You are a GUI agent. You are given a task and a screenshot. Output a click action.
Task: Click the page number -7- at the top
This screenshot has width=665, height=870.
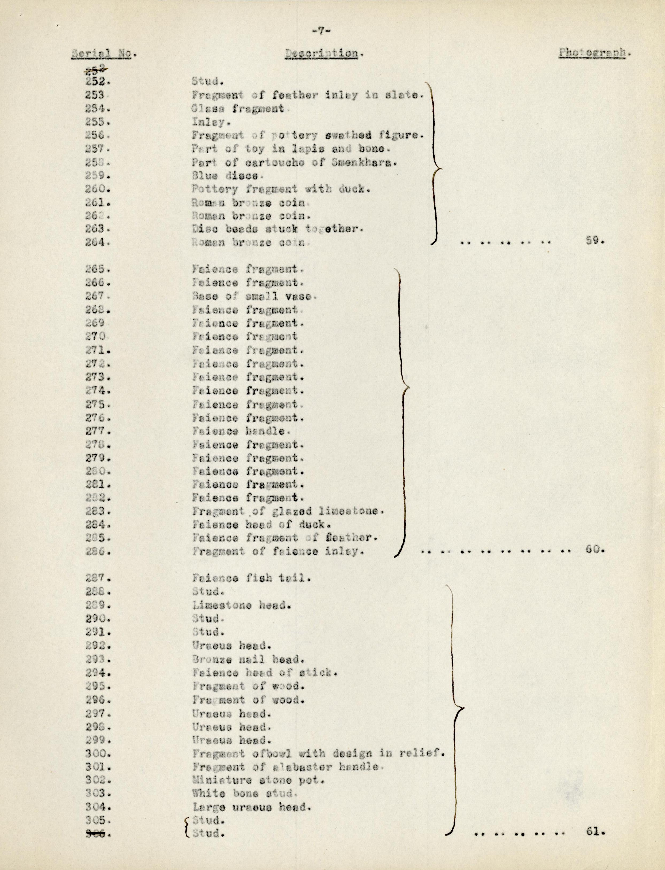click(322, 32)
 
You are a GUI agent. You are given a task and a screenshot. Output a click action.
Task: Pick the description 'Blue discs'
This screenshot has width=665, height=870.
click(225, 176)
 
